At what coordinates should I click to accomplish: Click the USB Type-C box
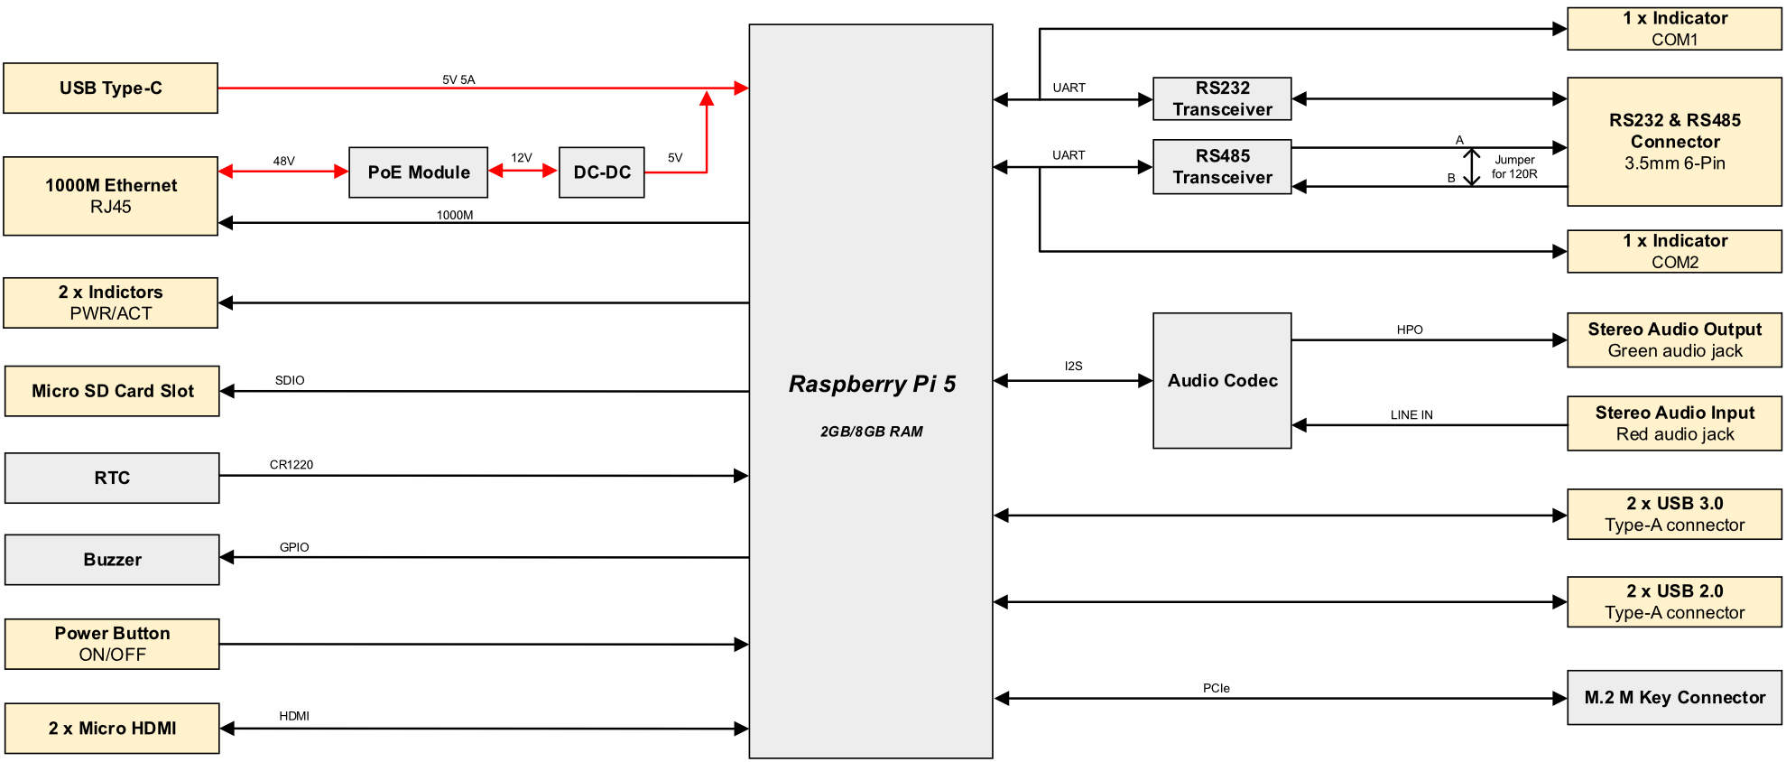pyautogui.click(x=110, y=88)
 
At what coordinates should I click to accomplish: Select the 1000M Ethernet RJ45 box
pyautogui.click(x=110, y=196)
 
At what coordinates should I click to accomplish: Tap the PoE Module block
pyautogui.click(x=418, y=172)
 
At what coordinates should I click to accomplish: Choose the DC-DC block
pyautogui.click(x=601, y=172)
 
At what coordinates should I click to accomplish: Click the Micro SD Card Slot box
pyautogui.click(x=112, y=391)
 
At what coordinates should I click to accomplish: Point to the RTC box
pyautogui.click(x=112, y=478)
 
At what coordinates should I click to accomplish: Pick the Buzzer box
pyautogui.click(x=112, y=560)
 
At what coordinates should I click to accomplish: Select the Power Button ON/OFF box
pyautogui.click(x=112, y=644)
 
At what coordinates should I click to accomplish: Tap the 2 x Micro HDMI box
pyautogui.click(x=112, y=728)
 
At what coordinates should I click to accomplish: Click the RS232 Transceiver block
pyautogui.click(x=1222, y=98)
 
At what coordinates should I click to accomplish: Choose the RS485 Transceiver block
pyautogui.click(x=1222, y=166)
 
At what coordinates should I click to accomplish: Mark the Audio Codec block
pyautogui.click(x=1222, y=380)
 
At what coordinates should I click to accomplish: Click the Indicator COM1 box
pyautogui.click(x=1674, y=29)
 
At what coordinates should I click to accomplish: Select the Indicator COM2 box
pyautogui.click(x=1674, y=251)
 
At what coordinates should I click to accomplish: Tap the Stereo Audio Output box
pyautogui.click(x=1674, y=339)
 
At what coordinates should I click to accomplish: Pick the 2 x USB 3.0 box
pyautogui.click(x=1674, y=514)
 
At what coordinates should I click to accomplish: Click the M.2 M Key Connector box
pyautogui.click(x=1674, y=697)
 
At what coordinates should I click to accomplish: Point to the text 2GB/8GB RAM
pyautogui.click(x=871, y=432)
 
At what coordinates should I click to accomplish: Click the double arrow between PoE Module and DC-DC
pyautogui.click(x=523, y=171)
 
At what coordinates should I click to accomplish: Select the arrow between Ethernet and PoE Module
pyautogui.click(x=283, y=171)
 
